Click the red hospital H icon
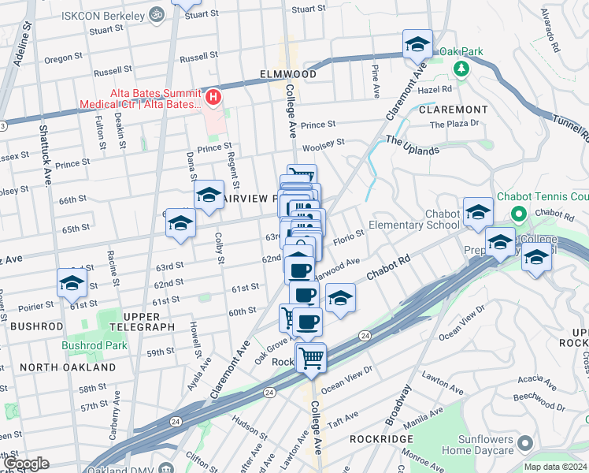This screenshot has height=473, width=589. click(x=213, y=97)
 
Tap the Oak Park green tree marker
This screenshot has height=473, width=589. click(x=461, y=67)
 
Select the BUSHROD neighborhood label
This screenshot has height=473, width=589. click(x=35, y=326)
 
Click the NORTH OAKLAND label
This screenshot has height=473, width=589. click(x=67, y=367)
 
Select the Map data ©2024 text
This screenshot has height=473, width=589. click(x=555, y=467)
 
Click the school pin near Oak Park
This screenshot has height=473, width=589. click(x=417, y=44)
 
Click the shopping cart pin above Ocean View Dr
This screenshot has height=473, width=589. click(x=311, y=357)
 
